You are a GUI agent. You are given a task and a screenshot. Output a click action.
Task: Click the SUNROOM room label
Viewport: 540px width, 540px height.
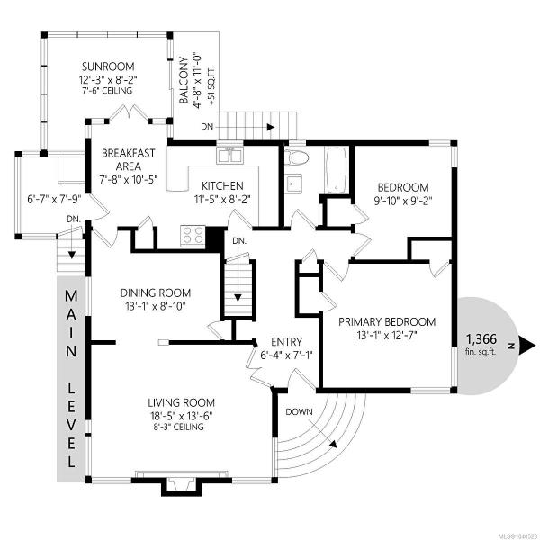point(108,67)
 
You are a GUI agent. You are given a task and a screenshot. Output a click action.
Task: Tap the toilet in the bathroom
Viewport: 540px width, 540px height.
point(298,157)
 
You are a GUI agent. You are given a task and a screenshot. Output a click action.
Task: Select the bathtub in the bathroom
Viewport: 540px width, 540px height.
point(336,170)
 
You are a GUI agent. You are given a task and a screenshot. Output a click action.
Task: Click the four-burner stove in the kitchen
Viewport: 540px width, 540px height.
point(193,236)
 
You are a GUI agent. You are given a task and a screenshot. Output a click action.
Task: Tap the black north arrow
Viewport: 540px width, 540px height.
point(526,345)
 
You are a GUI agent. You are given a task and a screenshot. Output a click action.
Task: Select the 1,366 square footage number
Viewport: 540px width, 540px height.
point(481,339)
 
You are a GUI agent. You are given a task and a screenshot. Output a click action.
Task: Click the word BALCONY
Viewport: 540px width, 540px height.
point(184,81)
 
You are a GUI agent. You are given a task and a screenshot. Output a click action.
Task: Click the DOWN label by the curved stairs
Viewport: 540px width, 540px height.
point(299,412)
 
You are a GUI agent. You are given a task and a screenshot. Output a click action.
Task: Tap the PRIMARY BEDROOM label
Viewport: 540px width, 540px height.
point(387,322)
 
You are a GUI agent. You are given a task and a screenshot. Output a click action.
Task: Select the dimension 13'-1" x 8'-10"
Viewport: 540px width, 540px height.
point(156,306)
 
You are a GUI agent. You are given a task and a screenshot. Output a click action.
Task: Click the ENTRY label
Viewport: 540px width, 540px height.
point(286,342)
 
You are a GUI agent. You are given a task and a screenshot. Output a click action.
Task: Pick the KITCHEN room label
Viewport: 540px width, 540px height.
point(222,186)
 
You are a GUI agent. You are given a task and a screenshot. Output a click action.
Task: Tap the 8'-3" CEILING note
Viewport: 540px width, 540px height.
point(178,427)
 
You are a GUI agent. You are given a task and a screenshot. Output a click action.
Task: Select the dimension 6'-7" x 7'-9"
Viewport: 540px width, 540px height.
point(54,199)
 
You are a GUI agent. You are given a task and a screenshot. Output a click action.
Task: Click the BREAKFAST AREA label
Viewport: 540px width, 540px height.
point(128,159)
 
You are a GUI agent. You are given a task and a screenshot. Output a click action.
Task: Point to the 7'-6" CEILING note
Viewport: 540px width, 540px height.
point(107,91)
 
